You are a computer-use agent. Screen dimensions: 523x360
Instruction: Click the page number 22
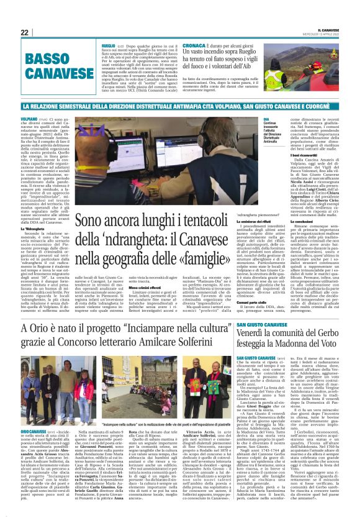coord(24,32)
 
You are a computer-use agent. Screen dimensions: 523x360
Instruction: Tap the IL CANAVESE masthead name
coord(328,30)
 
